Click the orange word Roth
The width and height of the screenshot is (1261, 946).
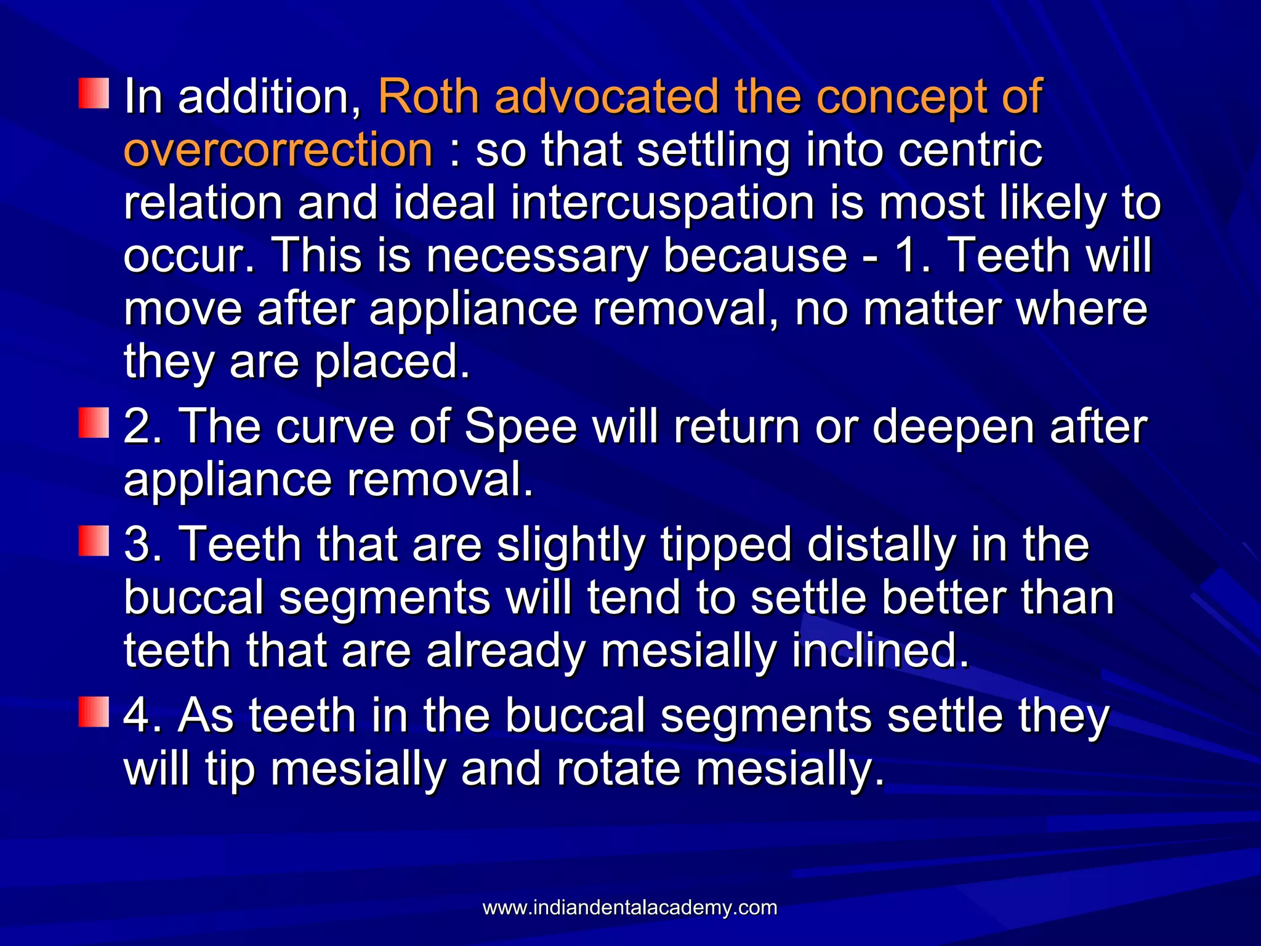pos(429,96)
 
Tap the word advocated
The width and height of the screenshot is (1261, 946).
pos(606,96)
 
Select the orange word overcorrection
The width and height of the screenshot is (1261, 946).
pos(278,150)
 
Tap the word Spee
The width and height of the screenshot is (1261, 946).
pos(520,426)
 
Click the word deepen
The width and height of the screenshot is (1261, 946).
pos(953,426)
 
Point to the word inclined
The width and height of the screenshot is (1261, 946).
pos(880,650)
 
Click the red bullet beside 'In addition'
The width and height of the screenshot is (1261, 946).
pos(94,94)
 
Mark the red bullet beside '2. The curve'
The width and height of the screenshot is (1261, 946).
pos(94,423)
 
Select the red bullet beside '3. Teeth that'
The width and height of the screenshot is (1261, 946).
pos(94,541)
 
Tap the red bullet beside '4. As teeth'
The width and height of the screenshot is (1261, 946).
pos(94,712)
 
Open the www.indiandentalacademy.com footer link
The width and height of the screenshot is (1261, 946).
pos(629,907)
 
